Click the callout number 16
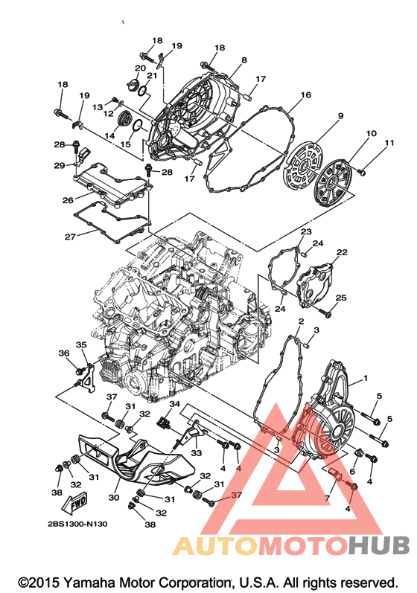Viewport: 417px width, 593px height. (305, 94)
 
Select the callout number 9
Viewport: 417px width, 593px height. (340, 116)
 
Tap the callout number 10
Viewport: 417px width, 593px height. (371, 133)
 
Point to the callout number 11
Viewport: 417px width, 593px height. (389, 143)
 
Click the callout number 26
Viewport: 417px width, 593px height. (68, 199)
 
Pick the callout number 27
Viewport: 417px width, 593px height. (70, 237)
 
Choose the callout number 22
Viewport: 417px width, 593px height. (342, 252)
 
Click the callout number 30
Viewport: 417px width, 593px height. (113, 497)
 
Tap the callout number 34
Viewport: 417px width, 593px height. (174, 404)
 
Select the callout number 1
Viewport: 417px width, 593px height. (365, 378)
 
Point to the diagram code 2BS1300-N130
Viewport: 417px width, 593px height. (77, 524)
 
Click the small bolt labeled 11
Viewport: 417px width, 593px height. (362, 173)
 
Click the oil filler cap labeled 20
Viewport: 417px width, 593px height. (133, 84)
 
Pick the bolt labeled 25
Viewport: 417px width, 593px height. (325, 312)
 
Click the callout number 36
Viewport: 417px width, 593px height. (64, 353)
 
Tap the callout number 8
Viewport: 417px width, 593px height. (244, 60)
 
